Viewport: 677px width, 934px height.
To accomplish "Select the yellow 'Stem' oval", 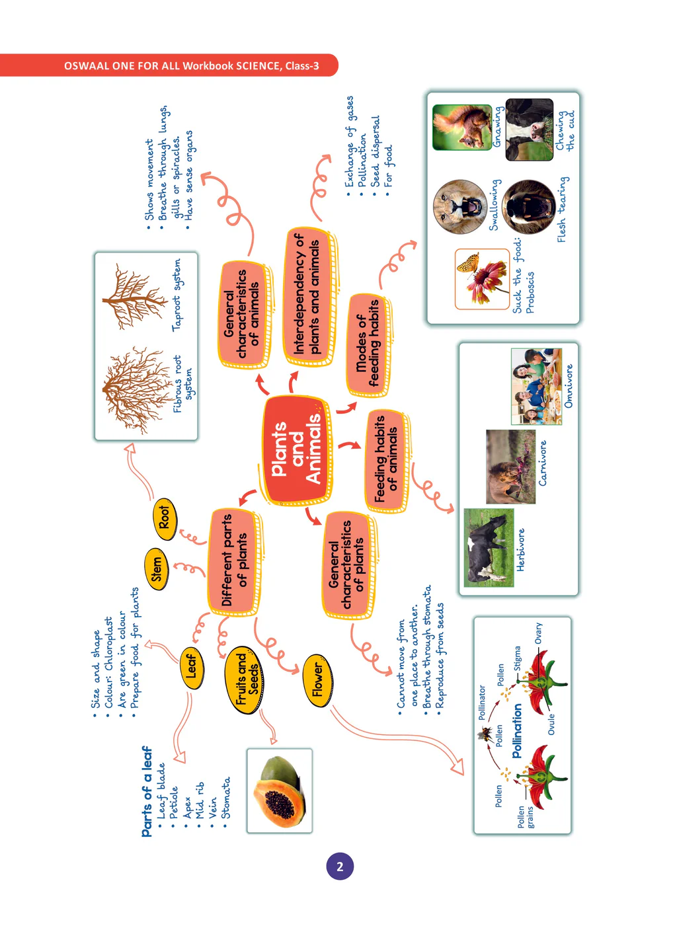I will click(x=156, y=569).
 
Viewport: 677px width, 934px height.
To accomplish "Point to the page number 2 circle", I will click(x=340, y=867).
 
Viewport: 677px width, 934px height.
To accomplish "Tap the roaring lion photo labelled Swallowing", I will click(x=459, y=206).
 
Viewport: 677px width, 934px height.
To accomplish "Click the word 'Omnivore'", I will click(x=569, y=385).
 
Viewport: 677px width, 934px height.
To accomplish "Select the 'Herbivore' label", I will click(x=521, y=549).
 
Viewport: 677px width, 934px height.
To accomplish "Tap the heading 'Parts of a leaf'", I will click(x=146, y=791).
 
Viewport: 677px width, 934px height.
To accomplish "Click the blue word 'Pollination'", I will click(x=516, y=730).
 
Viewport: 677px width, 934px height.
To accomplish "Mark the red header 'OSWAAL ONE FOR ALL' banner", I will click(x=191, y=65).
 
